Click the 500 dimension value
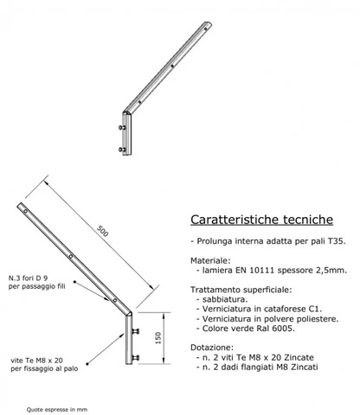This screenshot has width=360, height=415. coord(102,231)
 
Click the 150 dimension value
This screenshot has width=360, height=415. coord(158,338)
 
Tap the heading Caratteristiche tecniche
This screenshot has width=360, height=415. coord(261,220)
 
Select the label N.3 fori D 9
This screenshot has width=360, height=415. coord(28,278)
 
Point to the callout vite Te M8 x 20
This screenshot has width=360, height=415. coord(36,361)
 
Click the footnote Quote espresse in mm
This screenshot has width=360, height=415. coord(57,409)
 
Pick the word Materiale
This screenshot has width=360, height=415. coord(210,260)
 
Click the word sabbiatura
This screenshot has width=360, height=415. coord(225,299)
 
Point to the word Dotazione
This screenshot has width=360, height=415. coord(212,348)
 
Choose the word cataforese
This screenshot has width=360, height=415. coord(284,309)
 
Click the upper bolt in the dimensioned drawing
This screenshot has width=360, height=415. coord(135,331)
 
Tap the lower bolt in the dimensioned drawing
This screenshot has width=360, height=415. coord(135,358)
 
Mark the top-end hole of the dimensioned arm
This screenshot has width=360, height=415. coord(25,211)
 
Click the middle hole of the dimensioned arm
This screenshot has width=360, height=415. coord(71,256)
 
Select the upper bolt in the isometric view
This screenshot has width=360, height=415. coord(122,127)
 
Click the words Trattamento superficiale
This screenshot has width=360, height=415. coord(241,290)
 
